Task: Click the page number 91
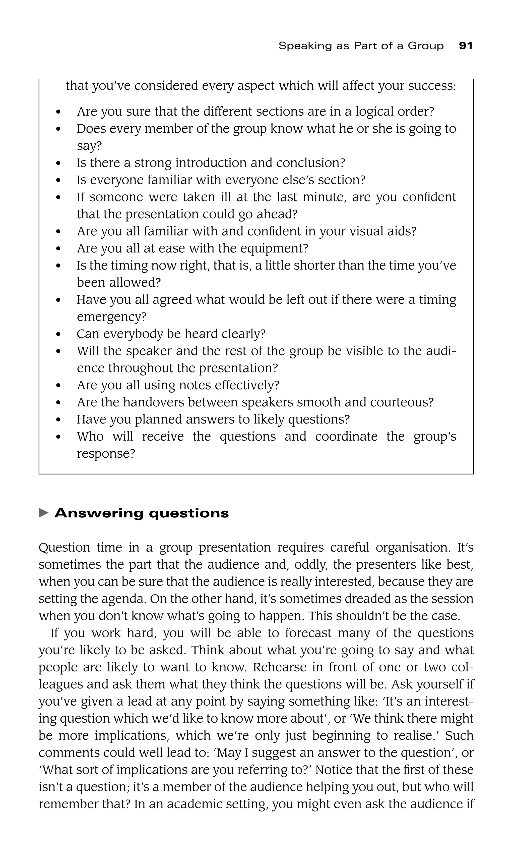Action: coord(465,46)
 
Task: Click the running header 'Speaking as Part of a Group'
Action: coord(361,46)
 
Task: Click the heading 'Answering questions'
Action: coord(142,513)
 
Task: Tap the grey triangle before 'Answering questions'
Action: coord(44,513)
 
